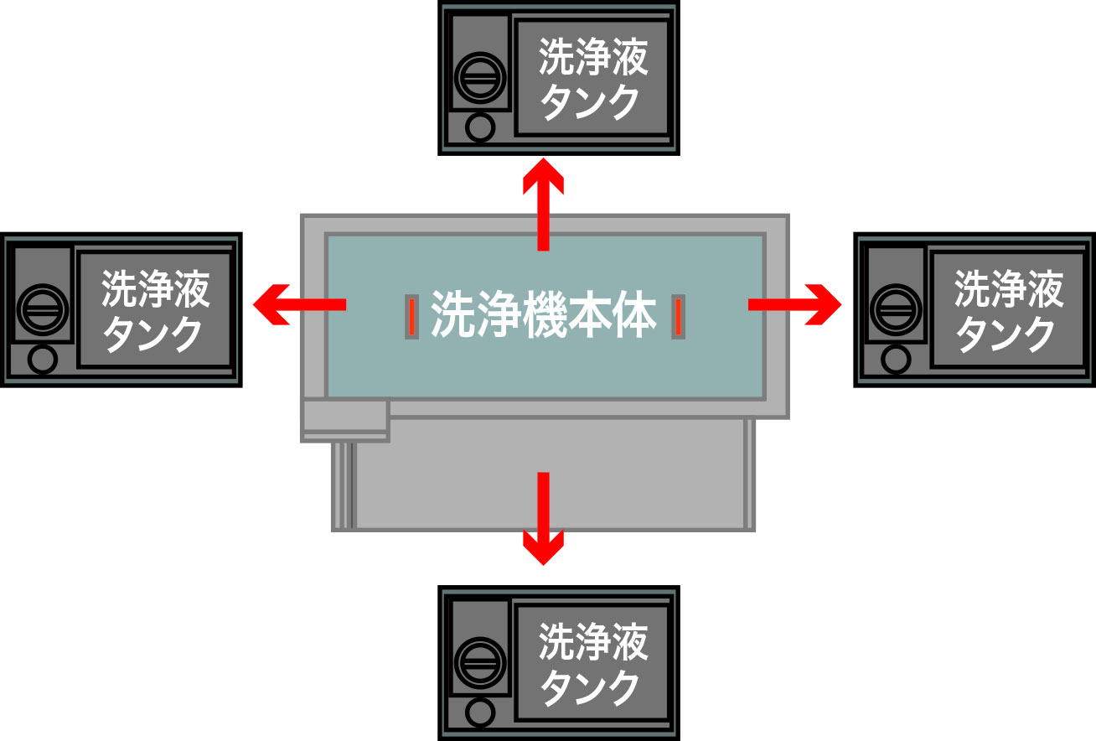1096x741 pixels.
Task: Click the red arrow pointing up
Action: (543, 204)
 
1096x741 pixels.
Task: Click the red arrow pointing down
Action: (543, 519)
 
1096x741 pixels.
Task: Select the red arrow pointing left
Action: (299, 304)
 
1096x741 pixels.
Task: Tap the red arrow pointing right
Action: (794, 304)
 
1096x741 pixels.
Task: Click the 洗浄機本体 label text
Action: (543, 314)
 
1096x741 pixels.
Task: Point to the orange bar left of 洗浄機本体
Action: (412, 317)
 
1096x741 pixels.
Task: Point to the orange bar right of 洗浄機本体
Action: (678, 317)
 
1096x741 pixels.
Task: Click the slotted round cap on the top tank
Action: (480, 78)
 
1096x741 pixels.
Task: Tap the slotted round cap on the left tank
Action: (43, 310)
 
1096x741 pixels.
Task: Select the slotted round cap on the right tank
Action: (896, 310)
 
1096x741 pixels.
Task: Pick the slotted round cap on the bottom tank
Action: (480, 663)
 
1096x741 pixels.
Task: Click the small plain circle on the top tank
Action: (480, 127)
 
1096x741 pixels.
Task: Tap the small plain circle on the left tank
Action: (43, 360)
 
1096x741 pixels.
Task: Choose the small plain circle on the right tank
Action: (896, 360)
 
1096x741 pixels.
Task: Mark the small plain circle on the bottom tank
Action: (480, 712)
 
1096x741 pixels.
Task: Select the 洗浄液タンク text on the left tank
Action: (156, 310)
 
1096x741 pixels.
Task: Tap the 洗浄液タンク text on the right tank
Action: (1009, 310)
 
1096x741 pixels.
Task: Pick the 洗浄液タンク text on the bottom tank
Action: (593, 664)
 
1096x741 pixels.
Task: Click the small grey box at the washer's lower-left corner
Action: (345, 421)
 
